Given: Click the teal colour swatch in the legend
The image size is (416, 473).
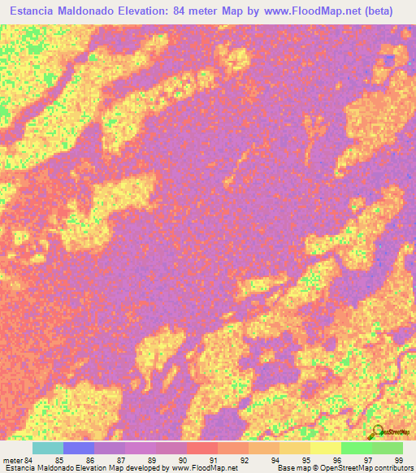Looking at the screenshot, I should click(x=47, y=448).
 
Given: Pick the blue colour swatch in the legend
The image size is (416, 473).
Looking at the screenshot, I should click(x=78, y=448).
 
